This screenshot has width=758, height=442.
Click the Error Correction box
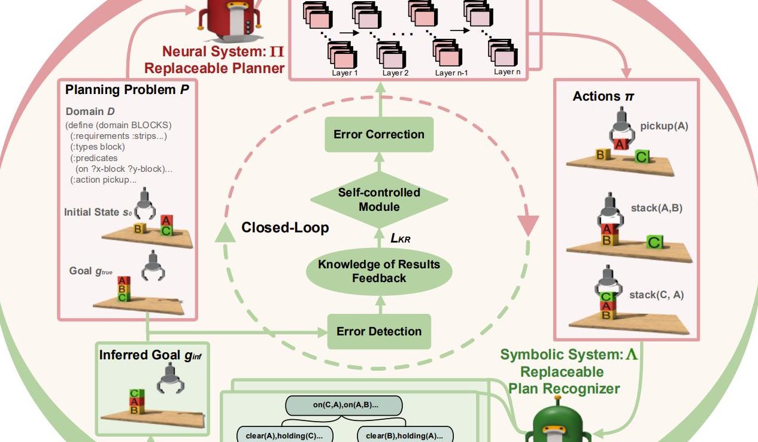coord(378,134)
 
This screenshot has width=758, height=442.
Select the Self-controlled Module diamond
coord(379,200)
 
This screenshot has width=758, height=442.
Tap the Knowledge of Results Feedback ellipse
coord(378,271)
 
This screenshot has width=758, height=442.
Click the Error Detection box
coord(378,331)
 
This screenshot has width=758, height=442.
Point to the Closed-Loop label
coord(285,228)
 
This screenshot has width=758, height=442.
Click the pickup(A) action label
coord(664,126)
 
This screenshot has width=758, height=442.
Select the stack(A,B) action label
coord(656,208)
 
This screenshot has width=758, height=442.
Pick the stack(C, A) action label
coord(656,295)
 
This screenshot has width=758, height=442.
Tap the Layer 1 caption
coord(345,73)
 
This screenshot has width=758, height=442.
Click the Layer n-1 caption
coord(453,73)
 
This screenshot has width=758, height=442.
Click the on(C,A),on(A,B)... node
coord(345,405)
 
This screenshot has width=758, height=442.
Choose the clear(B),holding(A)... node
coord(405,435)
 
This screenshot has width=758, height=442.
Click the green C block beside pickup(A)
coord(642,157)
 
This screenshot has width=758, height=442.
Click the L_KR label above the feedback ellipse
coord(400,238)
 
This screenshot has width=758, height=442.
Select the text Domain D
coord(90,112)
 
